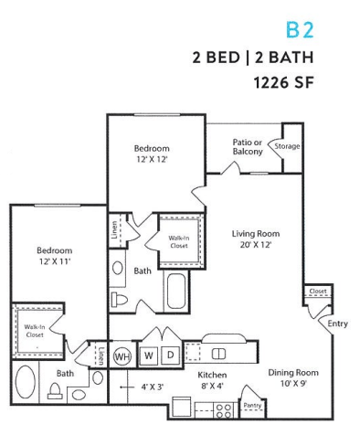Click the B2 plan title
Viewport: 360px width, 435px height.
(300, 30)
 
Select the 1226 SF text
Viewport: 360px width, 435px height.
(283, 83)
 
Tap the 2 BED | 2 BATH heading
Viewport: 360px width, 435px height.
(253, 58)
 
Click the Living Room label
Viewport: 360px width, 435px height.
(255, 233)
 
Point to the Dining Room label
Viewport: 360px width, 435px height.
(292, 372)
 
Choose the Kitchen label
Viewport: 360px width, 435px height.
(212, 375)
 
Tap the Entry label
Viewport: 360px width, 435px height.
(337, 324)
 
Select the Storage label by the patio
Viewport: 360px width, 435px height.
(289, 146)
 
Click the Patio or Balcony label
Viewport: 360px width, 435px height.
(247, 146)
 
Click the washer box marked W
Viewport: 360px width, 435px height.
(147, 354)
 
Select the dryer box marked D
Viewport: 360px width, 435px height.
(170, 354)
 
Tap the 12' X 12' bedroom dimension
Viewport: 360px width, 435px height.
(151, 159)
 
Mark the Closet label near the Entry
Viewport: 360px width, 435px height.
(318, 292)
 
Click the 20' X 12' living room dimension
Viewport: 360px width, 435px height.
(255, 245)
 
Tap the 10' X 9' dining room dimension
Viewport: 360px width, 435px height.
(292, 384)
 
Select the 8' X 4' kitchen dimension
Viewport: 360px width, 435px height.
(212, 387)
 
